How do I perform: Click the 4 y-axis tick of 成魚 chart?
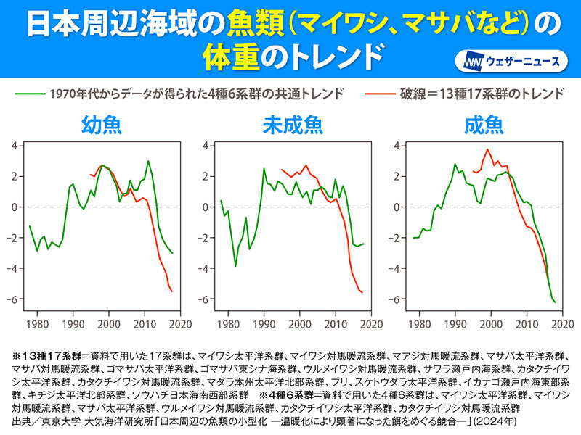point(398,145)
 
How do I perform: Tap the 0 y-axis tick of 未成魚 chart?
point(206,207)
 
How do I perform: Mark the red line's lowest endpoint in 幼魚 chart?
point(172,291)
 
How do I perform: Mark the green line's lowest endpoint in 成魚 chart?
point(556,302)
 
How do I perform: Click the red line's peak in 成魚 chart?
point(488,149)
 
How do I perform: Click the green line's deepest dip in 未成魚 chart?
point(235,266)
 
